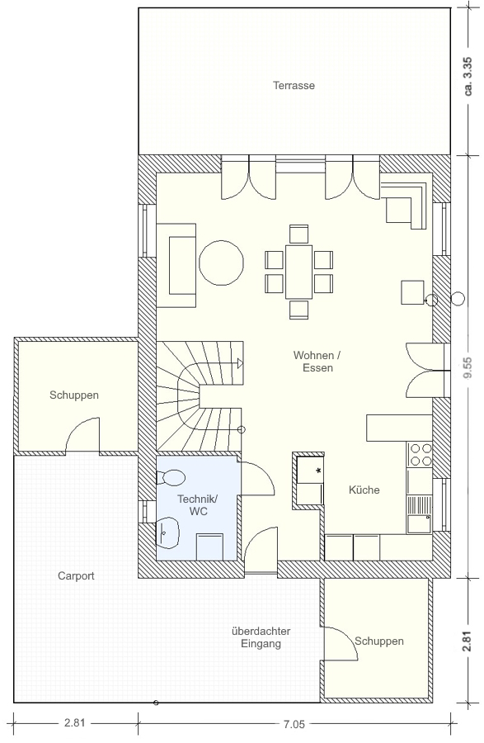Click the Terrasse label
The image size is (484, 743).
(294, 86)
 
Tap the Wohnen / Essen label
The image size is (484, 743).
(317, 362)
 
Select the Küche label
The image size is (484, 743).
(364, 490)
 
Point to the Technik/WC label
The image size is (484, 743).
(198, 505)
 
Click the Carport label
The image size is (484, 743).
(76, 575)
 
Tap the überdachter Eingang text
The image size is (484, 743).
(261, 637)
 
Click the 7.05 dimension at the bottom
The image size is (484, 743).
(294, 724)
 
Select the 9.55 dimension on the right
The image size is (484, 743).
(468, 367)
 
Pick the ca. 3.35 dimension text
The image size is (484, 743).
(468, 76)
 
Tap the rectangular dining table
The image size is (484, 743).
(298, 272)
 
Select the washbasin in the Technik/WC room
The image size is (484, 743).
(168, 531)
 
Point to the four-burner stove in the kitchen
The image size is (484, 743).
(419, 455)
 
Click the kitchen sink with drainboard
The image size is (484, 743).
(419, 514)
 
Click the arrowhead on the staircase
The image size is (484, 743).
(240, 363)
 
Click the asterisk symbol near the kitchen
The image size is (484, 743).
(318, 471)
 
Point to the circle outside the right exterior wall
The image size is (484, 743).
(458, 299)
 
